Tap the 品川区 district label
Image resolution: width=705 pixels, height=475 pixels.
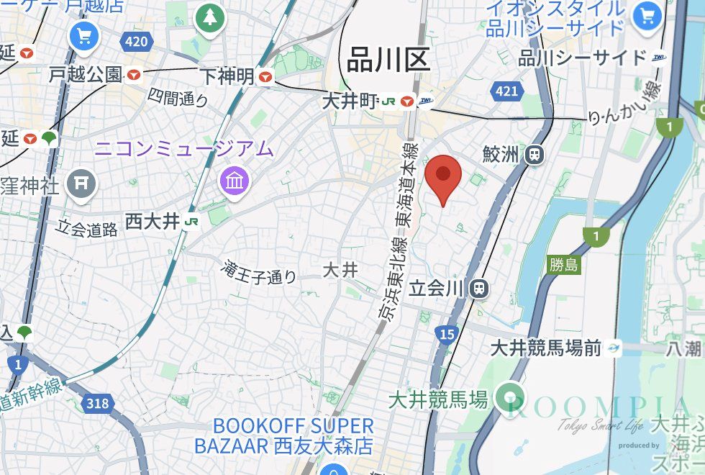pos(388,59)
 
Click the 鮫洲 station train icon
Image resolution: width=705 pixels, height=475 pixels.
pos(535,153)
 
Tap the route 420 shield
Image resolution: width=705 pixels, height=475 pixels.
pos(136,40)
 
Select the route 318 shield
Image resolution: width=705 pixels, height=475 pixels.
pos(96,403)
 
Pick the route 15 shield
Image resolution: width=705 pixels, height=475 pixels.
pos(446,333)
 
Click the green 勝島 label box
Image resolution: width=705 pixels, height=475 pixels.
pos(563,265)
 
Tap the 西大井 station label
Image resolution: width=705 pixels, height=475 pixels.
pos(152,221)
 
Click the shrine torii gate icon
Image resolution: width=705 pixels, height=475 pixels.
pos(81,185)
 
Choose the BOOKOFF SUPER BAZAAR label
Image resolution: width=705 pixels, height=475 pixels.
pos(283,435)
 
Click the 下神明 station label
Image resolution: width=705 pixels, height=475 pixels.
pos(227,76)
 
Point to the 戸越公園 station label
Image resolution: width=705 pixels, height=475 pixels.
pos(86,73)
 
